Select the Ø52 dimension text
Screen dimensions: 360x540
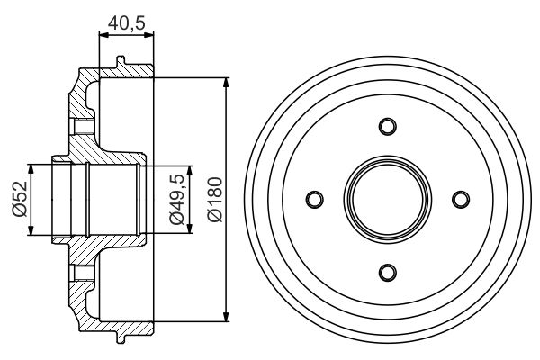pos(19,198)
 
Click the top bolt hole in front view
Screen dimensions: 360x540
pos(387,125)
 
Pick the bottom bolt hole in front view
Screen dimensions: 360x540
pos(387,272)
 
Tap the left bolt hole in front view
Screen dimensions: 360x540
pos(314,199)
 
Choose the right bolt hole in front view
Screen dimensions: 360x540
pos(461,199)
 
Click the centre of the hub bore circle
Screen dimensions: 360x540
pos(387,199)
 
